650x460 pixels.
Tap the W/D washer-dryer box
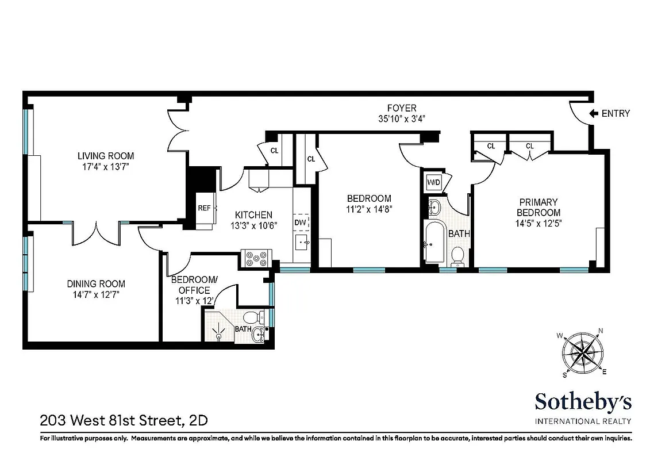(x=433, y=183)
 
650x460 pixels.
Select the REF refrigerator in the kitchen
(x=204, y=208)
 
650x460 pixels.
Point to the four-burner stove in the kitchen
(x=256, y=259)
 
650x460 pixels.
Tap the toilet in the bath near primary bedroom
(x=458, y=255)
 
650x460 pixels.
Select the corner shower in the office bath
(x=218, y=328)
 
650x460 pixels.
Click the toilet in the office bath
(x=253, y=317)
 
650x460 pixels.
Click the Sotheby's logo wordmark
(x=583, y=401)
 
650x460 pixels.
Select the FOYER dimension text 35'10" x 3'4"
(x=401, y=119)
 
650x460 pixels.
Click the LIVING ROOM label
(x=106, y=156)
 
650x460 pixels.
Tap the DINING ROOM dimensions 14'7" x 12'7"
(x=96, y=294)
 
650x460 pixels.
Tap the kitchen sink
(x=302, y=243)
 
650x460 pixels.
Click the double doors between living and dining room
(x=96, y=232)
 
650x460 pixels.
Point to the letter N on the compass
(x=601, y=331)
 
